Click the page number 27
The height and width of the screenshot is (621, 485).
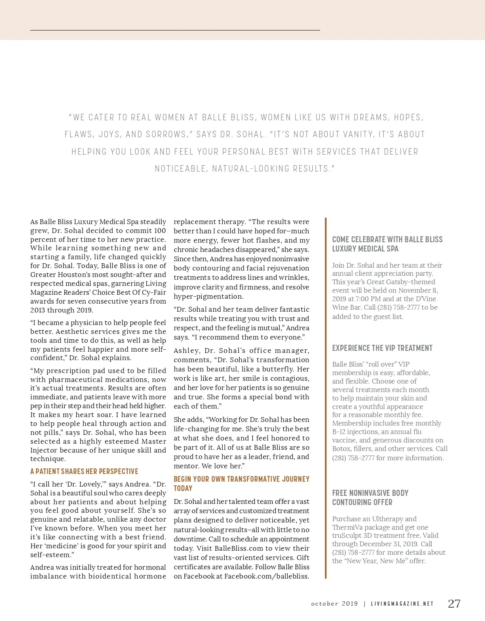click(454, 604)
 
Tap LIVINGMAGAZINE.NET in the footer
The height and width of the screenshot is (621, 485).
click(402, 604)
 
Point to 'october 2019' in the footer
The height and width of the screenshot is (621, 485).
click(334, 604)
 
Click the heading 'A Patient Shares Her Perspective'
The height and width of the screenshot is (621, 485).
click(84, 472)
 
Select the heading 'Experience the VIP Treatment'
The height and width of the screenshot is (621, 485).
click(382, 348)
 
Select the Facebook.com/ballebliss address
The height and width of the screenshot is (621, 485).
click(266, 576)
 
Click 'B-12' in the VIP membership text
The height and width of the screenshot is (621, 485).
click(339, 432)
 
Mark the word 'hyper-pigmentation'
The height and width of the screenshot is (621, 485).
click(209, 296)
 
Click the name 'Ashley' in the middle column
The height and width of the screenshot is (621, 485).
click(186, 350)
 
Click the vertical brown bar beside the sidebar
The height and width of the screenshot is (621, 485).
click(325, 398)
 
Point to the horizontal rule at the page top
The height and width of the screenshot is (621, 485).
click(175, 30)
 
